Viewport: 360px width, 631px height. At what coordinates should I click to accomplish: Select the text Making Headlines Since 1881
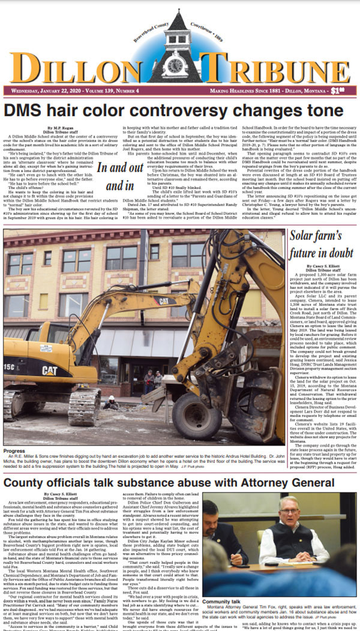pyautogui.click(x=243, y=91)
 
